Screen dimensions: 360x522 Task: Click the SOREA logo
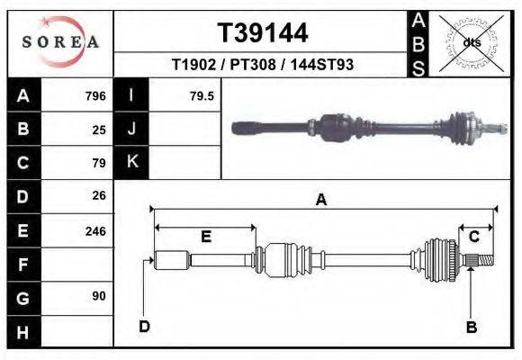[59, 41]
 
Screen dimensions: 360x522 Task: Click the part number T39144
[263, 33]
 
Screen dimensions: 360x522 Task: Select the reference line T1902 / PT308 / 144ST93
[262, 66]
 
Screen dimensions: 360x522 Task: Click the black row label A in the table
[22, 96]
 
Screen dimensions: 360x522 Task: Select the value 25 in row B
[99, 130]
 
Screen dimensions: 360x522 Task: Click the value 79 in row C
[99, 163]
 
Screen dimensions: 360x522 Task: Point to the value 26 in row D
[99, 195]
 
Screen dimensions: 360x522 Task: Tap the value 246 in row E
[95, 230]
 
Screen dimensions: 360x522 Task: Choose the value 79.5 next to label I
[202, 96]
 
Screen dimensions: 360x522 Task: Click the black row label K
[132, 163]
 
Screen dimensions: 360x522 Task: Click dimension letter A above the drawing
[320, 201]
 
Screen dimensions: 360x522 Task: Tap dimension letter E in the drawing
[206, 237]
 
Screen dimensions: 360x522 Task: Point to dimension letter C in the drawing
[473, 237]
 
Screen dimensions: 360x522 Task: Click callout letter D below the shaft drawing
[144, 326]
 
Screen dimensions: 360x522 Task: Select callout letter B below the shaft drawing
[471, 326]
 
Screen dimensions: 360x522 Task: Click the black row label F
[22, 264]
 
